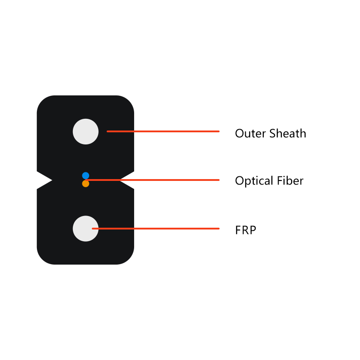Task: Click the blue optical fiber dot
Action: [x=85, y=175]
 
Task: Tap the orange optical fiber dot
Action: [x=85, y=184]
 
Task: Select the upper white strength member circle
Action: [x=85, y=131]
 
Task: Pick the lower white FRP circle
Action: [x=85, y=229]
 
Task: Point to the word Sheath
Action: [x=288, y=133]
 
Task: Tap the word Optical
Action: [x=254, y=181]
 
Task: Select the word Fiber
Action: [x=290, y=180]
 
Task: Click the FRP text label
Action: [x=246, y=230]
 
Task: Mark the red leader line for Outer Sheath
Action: [x=163, y=131]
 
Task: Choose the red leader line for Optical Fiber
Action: [x=152, y=180]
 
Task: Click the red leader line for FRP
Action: [x=156, y=229]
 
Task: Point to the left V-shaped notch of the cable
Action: [x=45, y=180]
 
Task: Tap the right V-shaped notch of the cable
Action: [x=126, y=180]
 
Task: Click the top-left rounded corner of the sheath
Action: [x=42, y=101]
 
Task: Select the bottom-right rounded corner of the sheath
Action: [x=129, y=259]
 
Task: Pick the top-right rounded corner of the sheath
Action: [x=129, y=101]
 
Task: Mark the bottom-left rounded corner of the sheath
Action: [x=42, y=259]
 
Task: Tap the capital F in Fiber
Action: [x=280, y=180]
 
